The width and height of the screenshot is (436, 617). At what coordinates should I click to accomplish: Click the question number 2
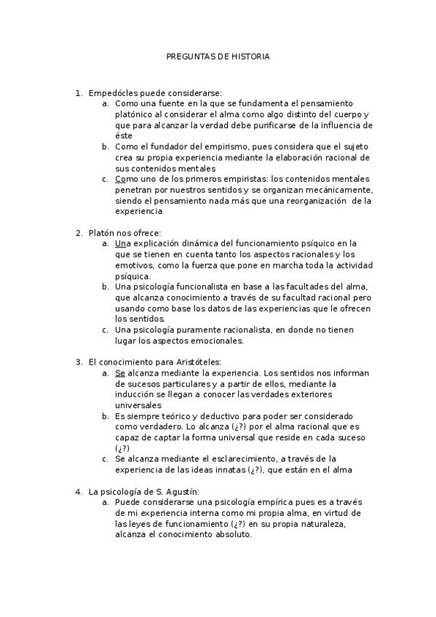click(78, 233)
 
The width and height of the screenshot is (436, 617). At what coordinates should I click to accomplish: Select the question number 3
click(78, 362)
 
